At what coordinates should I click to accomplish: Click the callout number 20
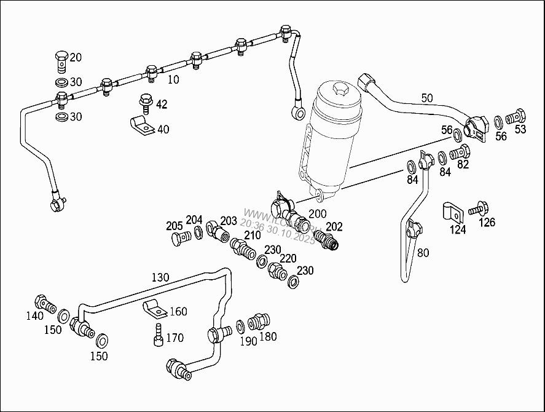(76, 57)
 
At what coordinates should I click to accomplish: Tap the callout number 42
(161, 105)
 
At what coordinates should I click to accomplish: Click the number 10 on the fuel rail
(173, 79)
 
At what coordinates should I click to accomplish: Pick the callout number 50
(427, 98)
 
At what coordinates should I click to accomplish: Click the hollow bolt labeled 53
(517, 115)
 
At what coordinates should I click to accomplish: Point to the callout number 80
(423, 252)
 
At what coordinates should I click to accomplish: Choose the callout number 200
(318, 213)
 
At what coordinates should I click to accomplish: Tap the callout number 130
(160, 277)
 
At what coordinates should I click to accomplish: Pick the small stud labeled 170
(158, 335)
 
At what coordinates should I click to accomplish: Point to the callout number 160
(178, 312)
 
